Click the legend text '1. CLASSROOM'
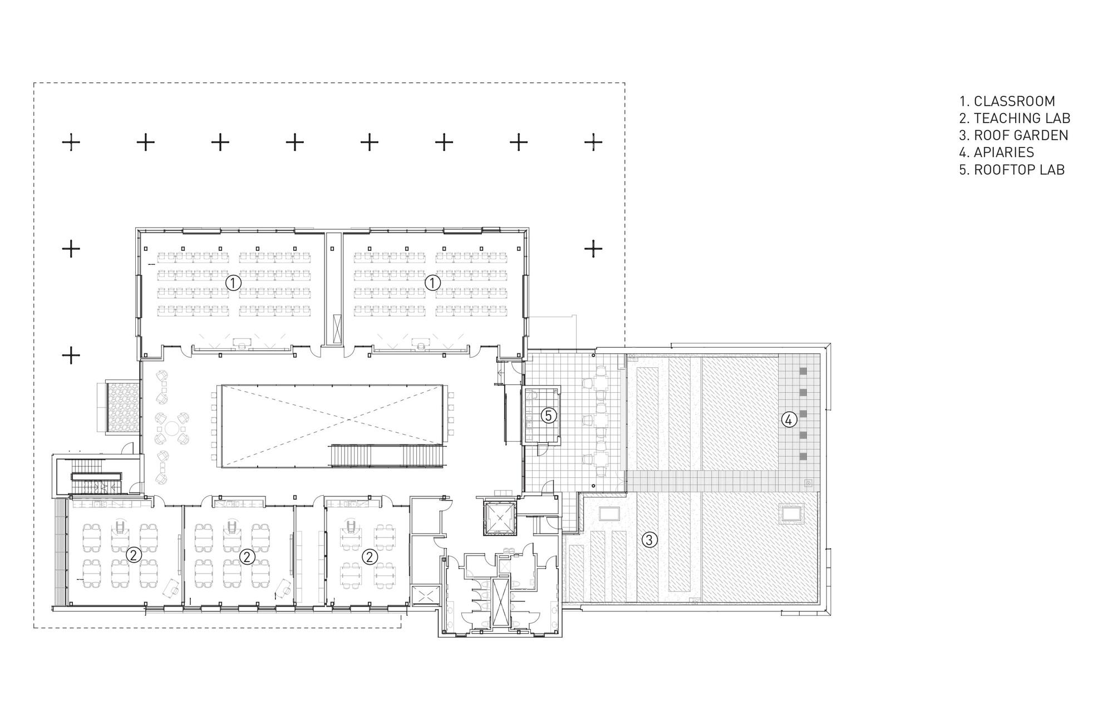[x=1007, y=101]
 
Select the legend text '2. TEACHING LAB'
[x=1014, y=118]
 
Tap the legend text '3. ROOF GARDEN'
[x=1013, y=135]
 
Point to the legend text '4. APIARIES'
[x=996, y=152]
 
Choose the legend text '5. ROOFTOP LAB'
[x=1012, y=170]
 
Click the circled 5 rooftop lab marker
[x=549, y=416]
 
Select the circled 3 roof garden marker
[x=648, y=539]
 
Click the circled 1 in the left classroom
[x=233, y=283]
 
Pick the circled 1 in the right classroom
[x=432, y=283]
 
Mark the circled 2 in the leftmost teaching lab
[x=134, y=555]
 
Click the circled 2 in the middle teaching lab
[x=247, y=556]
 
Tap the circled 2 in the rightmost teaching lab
[x=370, y=556]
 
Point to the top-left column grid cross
[x=71, y=142]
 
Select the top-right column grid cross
[x=593, y=142]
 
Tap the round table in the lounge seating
[x=171, y=429]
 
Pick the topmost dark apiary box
[x=802, y=371]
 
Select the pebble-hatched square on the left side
[x=122, y=406]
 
